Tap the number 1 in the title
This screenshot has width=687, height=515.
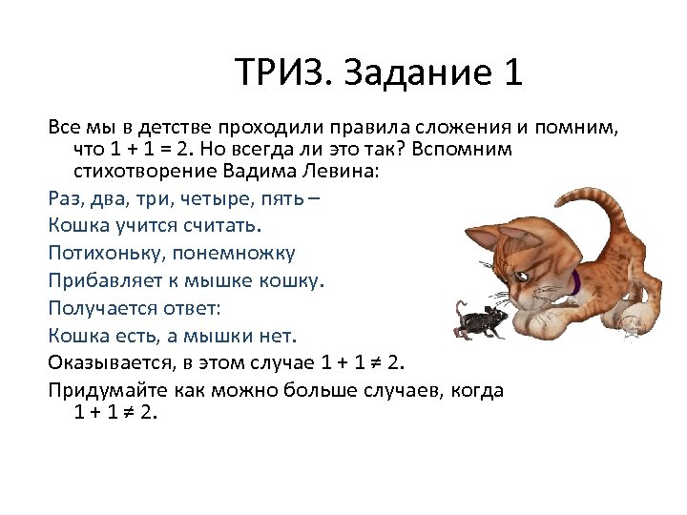point(511,73)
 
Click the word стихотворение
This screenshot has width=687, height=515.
point(140,173)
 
